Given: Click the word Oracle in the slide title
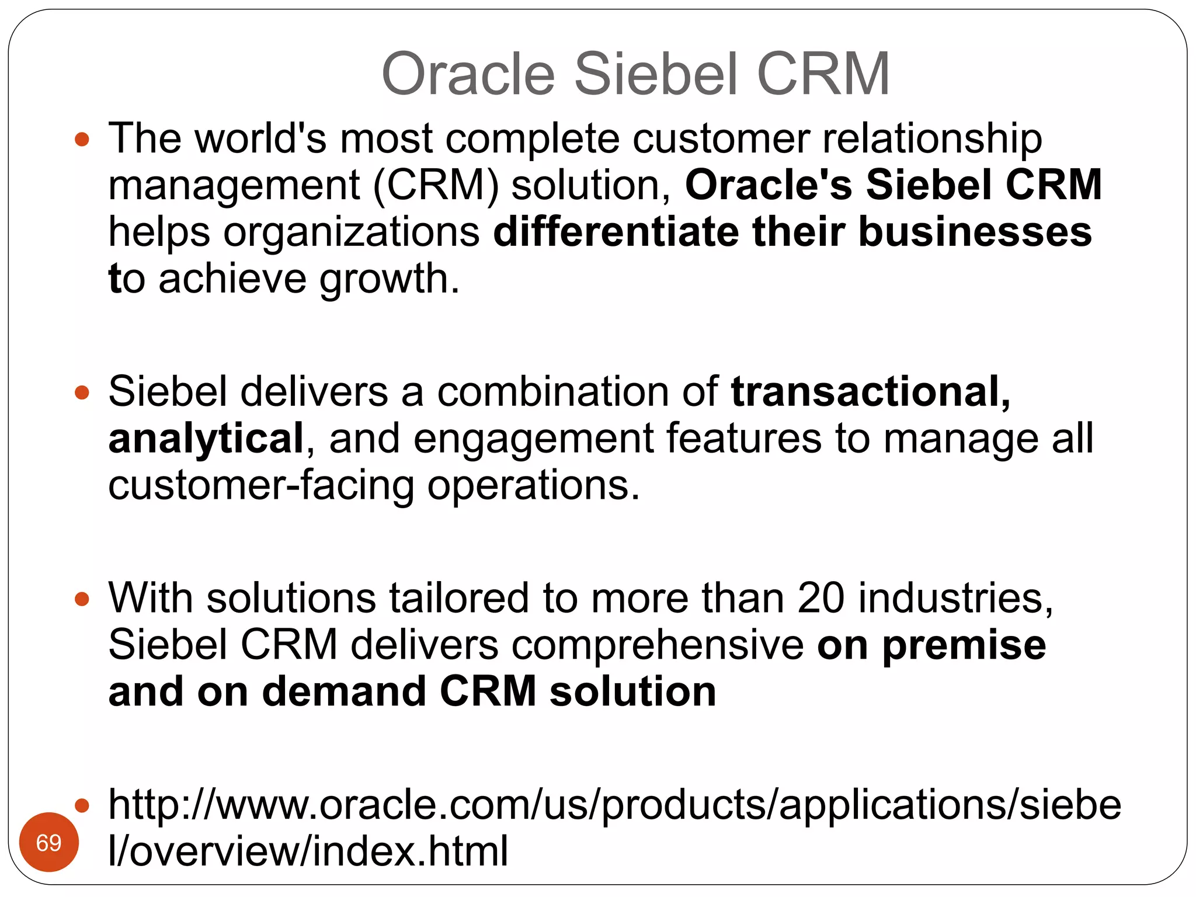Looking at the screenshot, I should point(467,74).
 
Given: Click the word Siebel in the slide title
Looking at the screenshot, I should point(657,74).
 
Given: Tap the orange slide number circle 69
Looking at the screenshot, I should point(48,842).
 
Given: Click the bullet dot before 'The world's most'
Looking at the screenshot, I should point(82,140).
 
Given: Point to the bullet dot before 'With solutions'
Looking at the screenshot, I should point(82,599).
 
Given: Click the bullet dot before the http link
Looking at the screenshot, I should point(82,806).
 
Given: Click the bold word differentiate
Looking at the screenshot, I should point(616,232).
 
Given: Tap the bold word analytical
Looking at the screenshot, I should point(206,439).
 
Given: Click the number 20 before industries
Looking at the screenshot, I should point(820,598).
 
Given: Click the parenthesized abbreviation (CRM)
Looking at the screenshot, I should point(436,185).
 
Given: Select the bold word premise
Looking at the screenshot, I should point(964,646).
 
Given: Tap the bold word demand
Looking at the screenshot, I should point(344,692).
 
